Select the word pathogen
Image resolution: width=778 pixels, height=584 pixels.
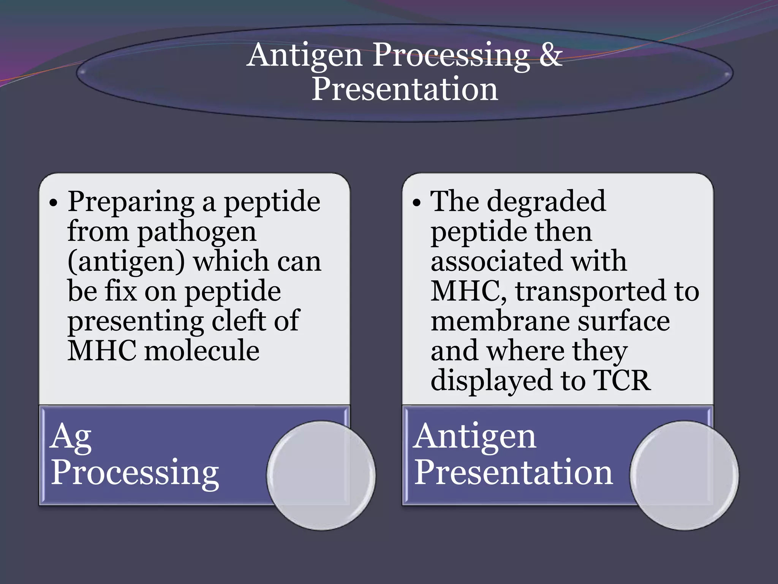tap(197, 232)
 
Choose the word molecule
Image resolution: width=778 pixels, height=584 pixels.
tap(202, 351)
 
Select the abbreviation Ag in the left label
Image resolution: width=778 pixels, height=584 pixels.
tap(71, 437)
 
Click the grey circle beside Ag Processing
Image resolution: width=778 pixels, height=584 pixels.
tap(321, 475)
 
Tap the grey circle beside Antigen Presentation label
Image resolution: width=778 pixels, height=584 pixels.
tap(684, 475)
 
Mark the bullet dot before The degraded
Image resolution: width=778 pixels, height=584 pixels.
tap(417, 203)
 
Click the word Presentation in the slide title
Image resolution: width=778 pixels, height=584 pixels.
tap(405, 89)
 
